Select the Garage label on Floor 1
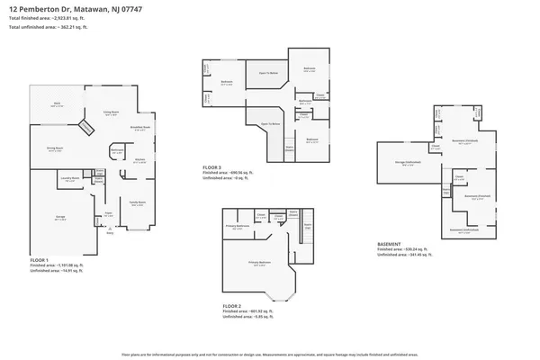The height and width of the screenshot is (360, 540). point(60,218)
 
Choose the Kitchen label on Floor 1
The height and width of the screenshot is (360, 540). point(139,160)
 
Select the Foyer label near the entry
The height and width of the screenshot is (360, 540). point(109,212)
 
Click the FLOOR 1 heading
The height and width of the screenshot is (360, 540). point(41,258)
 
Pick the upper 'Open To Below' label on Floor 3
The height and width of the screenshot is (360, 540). point(268,72)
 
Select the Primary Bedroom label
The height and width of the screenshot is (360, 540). point(261,264)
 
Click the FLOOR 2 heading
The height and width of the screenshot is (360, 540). point(234,306)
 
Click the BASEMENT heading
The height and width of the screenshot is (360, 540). point(389,243)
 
